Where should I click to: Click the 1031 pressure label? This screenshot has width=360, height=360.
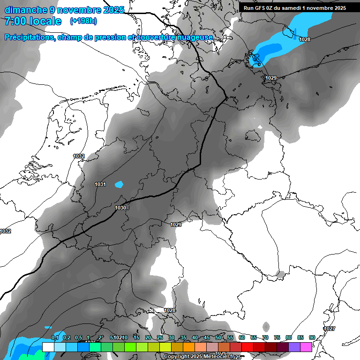click(x=100, y=184)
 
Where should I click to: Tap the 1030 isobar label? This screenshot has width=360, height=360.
click(x=120, y=208)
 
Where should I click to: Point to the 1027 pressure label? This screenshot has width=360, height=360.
click(x=330, y=329)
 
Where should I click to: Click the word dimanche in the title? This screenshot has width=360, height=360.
click(x=26, y=10)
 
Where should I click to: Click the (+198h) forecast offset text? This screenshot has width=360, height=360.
click(x=83, y=21)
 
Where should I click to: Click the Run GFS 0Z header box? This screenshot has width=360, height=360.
click(x=294, y=7)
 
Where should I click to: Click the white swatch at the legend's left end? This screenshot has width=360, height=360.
click(x=48, y=347)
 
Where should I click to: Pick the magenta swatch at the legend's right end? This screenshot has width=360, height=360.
click(x=306, y=347)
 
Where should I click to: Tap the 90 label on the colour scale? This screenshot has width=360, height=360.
click(x=312, y=337)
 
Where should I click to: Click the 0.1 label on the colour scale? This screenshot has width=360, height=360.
click(x=55, y=337)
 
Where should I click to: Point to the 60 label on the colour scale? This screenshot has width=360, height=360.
click(x=242, y=337)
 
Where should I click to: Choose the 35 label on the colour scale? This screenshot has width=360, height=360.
click(x=183, y=337)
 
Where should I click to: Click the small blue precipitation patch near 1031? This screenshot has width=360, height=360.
click(x=119, y=184)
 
